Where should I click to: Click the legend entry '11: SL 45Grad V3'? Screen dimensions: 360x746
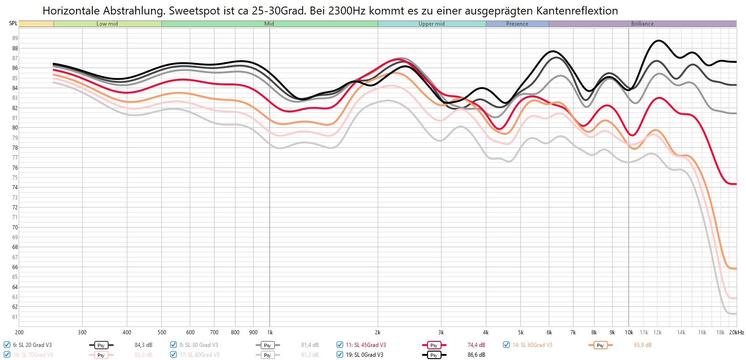point(366,345)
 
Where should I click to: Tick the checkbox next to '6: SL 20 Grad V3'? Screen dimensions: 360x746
point(7,345)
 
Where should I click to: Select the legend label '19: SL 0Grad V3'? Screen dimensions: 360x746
point(364,355)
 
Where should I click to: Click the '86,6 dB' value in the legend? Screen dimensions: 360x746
point(476,355)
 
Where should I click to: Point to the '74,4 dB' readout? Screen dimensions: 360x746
point(476,345)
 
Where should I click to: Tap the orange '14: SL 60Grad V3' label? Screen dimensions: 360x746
point(532,345)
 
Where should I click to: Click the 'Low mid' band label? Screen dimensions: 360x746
point(107,24)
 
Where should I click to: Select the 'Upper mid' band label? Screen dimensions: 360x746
point(431,24)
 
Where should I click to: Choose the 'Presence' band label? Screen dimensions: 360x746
point(517,24)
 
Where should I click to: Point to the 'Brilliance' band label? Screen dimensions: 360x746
point(642,24)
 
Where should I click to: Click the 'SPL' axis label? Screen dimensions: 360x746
point(13,23)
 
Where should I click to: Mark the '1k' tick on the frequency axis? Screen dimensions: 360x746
point(269,332)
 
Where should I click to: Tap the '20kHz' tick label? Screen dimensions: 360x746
point(737,332)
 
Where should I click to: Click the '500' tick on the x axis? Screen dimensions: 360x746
point(162,332)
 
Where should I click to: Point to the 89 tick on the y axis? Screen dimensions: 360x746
point(15,38)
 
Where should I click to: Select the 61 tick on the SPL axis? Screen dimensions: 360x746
point(15,317)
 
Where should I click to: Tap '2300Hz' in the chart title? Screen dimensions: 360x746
point(347,11)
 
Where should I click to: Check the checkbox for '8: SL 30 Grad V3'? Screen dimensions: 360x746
point(173,345)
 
